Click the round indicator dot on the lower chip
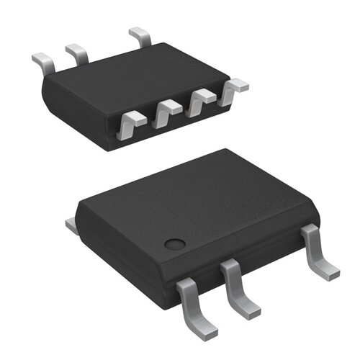tap(174, 243)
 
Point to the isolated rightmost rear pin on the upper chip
tap(140, 37)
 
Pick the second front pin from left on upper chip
tap(168, 112)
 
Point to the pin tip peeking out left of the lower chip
tap(71, 226)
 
